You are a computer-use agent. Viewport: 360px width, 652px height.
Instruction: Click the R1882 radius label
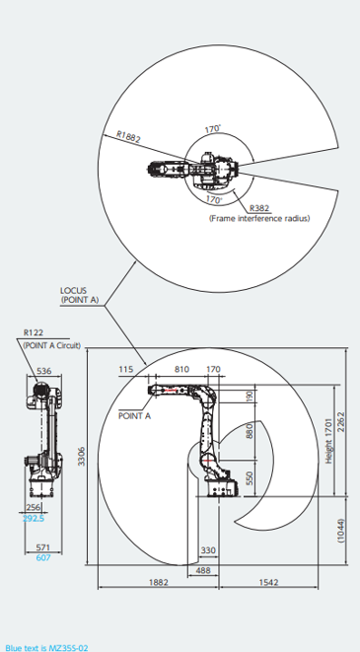[128, 137]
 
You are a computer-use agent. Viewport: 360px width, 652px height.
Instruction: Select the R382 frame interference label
[259, 209]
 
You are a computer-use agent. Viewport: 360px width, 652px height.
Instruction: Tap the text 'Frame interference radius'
[259, 218]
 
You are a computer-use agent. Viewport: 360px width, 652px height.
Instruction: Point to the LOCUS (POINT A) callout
[80, 295]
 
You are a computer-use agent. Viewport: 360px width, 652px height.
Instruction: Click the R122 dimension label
[34, 332]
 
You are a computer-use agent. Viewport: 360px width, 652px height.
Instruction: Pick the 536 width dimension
[44, 371]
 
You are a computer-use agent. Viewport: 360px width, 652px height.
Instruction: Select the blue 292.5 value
[35, 519]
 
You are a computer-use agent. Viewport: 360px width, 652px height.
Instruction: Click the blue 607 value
[42, 558]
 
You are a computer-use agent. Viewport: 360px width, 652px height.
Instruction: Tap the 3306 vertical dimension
[82, 456]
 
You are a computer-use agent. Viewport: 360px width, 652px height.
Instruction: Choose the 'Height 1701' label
[329, 441]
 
